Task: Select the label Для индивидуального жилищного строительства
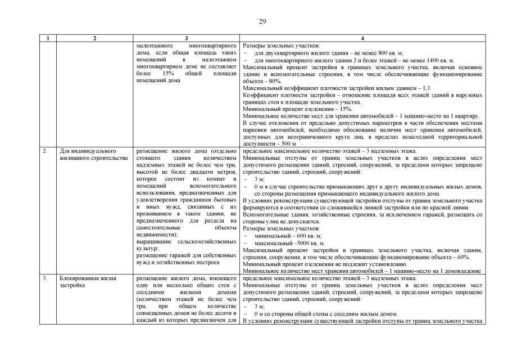[93, 155]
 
